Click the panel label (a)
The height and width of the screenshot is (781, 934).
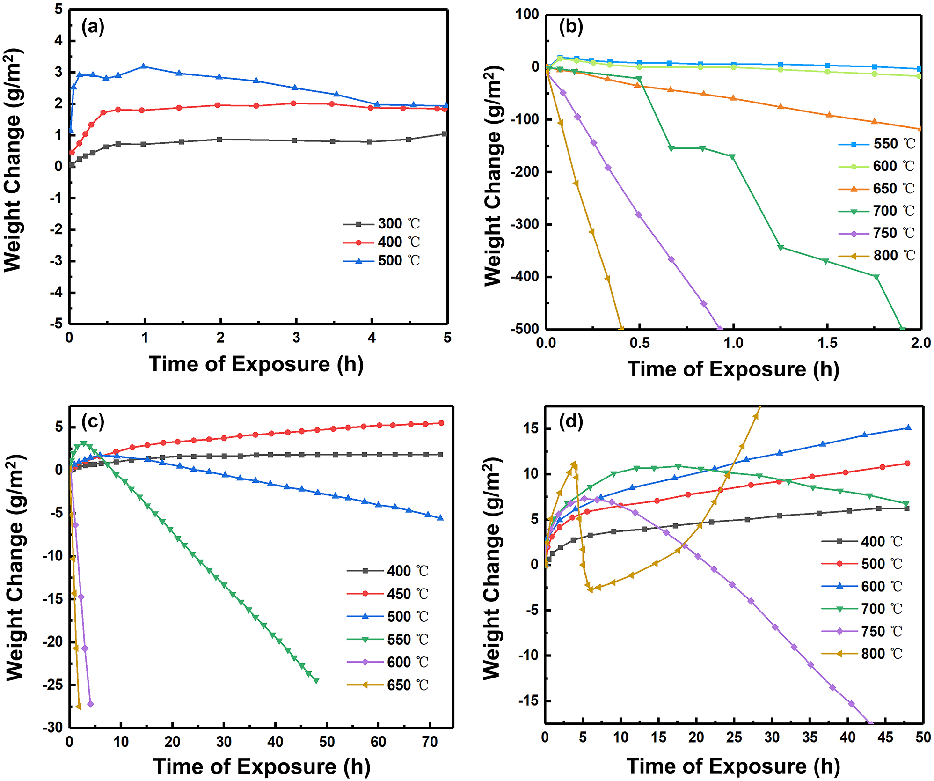[93, 27]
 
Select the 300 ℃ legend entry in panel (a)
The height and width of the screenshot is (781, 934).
[381, 224]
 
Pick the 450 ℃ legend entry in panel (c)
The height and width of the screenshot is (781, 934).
[388, 594]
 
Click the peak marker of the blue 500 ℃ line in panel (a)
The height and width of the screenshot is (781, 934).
[144, 66]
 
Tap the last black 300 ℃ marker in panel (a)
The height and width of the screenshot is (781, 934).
[445, 134]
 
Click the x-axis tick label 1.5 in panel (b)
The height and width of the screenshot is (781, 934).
[827, 343]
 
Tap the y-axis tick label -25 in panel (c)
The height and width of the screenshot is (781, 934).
[52, 685]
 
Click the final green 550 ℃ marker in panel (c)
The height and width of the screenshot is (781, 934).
[316, 681]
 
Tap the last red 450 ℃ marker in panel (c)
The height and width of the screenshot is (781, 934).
[441, 423]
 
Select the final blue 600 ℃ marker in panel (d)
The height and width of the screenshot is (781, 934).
[908, 427]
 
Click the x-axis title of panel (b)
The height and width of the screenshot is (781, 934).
[733, 369]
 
